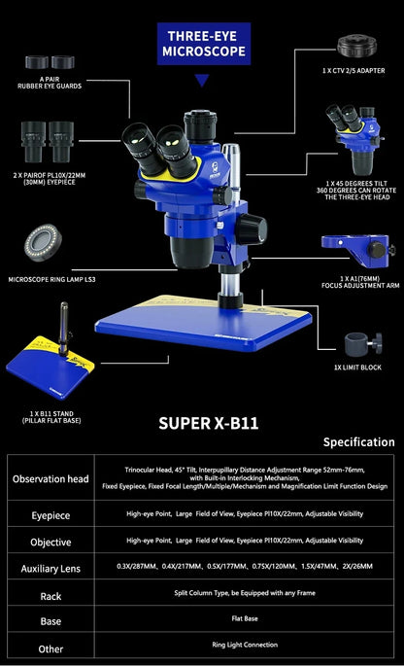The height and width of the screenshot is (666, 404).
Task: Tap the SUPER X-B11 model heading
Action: click(x=202, y=423)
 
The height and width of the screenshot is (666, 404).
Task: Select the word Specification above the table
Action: click(x=351, y=442)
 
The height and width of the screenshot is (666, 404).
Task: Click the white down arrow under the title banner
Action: click(x=203, y=81)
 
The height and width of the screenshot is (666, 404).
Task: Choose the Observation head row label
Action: click(x=50, y=478)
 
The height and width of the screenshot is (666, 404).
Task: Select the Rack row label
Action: click(x=50, y=595)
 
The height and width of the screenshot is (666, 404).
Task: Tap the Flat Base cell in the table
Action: click(x=252, y=619)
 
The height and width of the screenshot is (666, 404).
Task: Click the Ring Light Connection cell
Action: click(x=252, y=645)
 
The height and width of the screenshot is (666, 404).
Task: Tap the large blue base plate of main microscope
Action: click(x=214, y=321)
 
